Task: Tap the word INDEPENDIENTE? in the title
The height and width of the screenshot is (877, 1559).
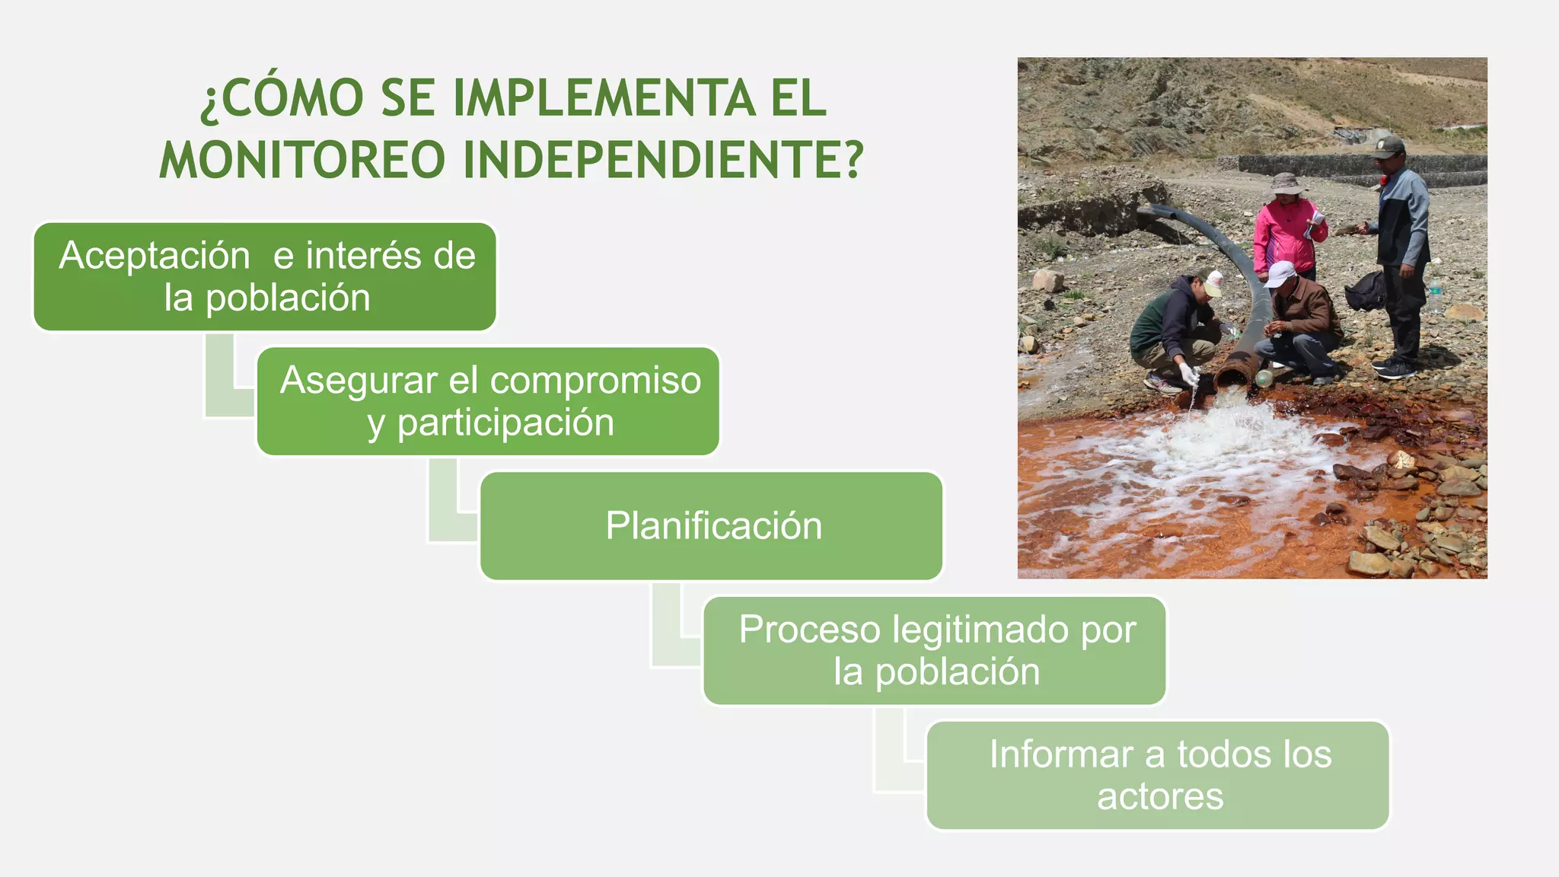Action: [x=663, y=160]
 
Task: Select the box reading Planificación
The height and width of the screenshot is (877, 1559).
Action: [x=712, y=526]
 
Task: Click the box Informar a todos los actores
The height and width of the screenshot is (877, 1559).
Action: [x=1158, y=775]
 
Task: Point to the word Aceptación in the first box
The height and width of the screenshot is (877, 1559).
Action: [x=155, y=256]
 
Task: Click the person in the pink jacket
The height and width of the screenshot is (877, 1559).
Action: [x=1287, y=236]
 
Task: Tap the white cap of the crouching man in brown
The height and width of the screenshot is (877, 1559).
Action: [x=1281, y=273]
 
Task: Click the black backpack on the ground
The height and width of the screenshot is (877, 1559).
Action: [x=1367, y=291]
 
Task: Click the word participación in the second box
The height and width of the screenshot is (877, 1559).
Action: [x=505, y=423]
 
